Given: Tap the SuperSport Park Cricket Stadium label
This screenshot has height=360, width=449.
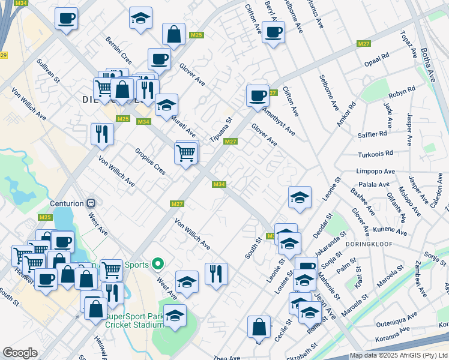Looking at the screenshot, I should tap(134, 320).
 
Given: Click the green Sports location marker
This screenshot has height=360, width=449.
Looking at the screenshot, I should tap(158, 263).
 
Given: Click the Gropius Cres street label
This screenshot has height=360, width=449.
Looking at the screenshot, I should tap(150, 161).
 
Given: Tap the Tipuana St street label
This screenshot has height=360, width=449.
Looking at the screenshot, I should tap(220, 127).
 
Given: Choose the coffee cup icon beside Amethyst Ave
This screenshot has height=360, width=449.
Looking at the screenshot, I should tap(258, 95).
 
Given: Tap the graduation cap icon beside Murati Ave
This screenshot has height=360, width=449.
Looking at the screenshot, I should tap(166, 104).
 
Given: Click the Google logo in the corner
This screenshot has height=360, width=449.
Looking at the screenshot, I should tap(20, 353).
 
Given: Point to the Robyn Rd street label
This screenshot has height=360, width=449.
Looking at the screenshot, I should tap(402, 92).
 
